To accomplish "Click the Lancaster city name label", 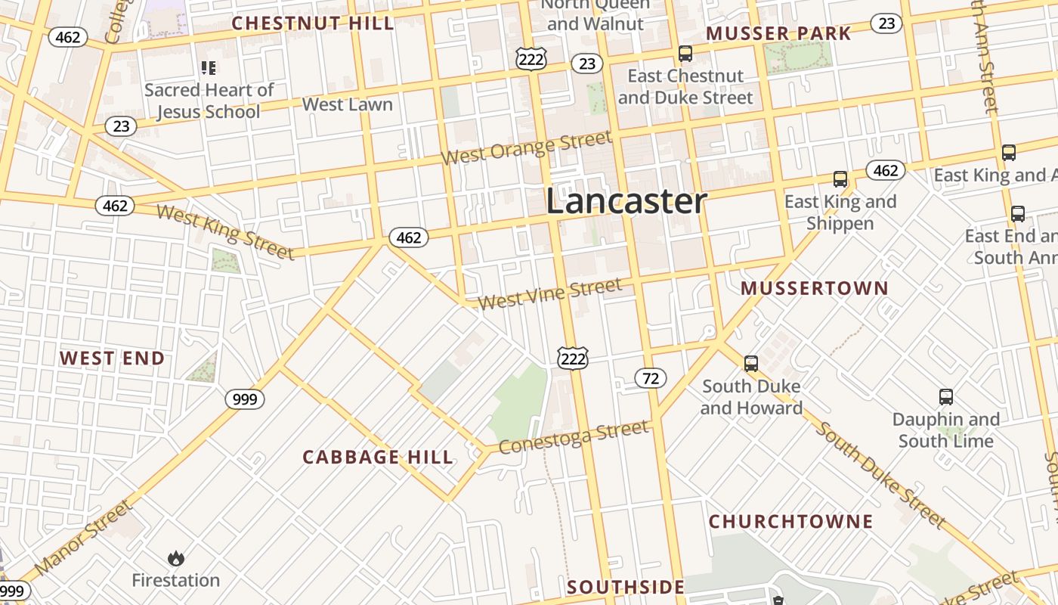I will [x=626, y=201].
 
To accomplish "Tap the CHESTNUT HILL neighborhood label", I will [x=313, y=23].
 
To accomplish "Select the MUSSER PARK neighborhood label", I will [x=778, y=33].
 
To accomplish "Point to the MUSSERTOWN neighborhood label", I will [x=815, y=288].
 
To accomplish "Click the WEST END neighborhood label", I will [x=113, y=358].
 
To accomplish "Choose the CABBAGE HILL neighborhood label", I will [x=378, y=457].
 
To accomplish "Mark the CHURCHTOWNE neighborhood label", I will [x=790, y=522].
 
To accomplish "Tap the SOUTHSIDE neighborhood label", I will [x=626, y=587].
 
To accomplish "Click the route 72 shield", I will [x=651, y=378].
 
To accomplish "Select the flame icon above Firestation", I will [x=176, y=559].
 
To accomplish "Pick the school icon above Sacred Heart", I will [x=209, y=69].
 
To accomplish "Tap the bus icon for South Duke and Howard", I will [x=750, y=364].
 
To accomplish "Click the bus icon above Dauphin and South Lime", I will [x=945, y=397].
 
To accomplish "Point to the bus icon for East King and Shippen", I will [x=840, y=179].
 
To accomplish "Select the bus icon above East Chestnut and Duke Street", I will [x=685, y=54].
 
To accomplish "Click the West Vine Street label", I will [x=550, y=294].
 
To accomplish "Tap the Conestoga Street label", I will [x=573, y=438].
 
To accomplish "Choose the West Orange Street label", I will [x=526, y=148].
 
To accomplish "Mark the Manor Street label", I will [x=83, y=536].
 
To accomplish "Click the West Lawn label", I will [x=348, y=104].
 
